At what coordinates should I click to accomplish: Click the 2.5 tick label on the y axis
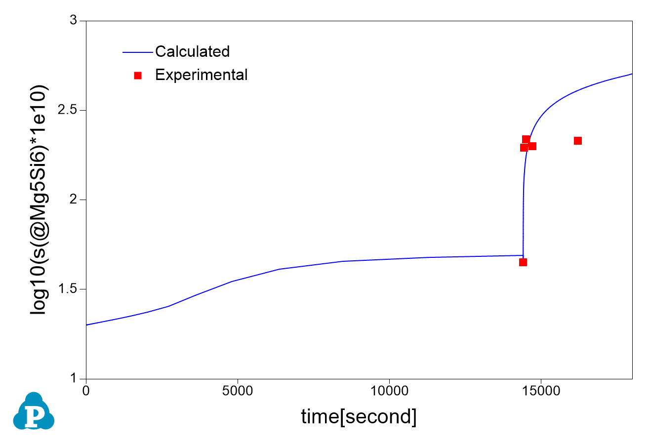(68, 110)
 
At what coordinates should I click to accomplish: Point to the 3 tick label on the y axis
(74, 21)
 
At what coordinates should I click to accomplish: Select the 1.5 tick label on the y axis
(68, 289)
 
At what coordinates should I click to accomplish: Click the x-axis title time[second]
(359, 417)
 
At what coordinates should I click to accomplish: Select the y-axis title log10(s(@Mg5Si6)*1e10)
(40, 200)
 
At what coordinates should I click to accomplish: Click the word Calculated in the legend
(192, 51)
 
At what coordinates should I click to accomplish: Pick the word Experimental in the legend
(201, 75)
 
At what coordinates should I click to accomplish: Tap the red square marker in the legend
(138, 75)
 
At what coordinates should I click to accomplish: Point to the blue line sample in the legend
(137, 51)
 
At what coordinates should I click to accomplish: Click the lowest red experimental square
(523, 262)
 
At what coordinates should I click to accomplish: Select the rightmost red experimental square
(578, 141)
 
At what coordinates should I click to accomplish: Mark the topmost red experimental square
(527, 139)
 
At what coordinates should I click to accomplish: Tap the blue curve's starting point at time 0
(87, 325)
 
